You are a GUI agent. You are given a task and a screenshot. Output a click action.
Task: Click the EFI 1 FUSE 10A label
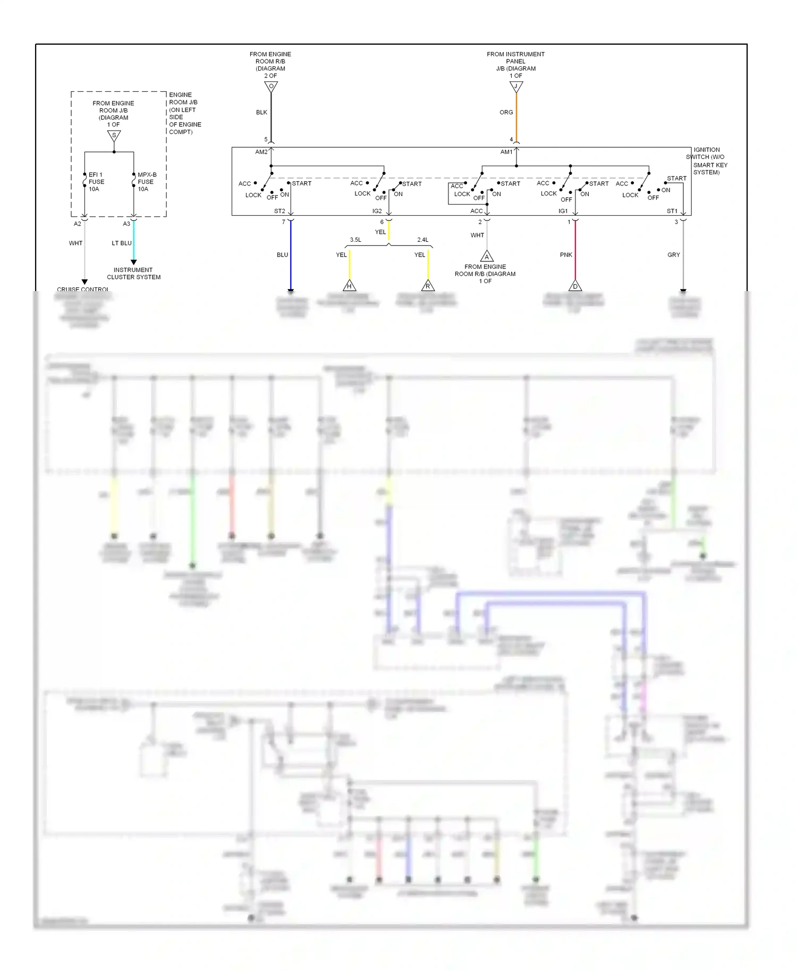click(x=96, y=182)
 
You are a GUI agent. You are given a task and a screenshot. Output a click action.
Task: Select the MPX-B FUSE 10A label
click(x=146, y=182)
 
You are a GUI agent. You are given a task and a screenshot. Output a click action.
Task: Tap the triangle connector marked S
click(x=114, y=136)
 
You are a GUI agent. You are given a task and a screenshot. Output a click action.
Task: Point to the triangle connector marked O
click(x=271, y=87)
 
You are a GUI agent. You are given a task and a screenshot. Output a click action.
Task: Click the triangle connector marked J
click(x=516, y=87)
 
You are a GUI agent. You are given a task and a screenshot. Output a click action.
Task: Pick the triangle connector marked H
click(x=349, y=286)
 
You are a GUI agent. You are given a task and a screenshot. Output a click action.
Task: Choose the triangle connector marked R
click(x=428, y=286)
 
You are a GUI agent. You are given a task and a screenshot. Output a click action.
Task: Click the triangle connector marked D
click(x=575, y=286)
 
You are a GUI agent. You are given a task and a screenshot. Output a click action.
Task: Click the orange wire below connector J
click(x=516, y=117)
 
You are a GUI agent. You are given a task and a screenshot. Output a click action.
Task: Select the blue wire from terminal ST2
click(x=291, y=255)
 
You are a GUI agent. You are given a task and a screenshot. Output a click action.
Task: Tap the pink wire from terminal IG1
click(x=575, y=250)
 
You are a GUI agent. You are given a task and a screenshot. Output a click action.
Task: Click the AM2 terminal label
click(x=261, y=152)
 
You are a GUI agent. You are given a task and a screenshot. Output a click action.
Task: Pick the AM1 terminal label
click(x=506, y=152)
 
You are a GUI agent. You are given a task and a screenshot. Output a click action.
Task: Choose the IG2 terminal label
click(x=377, y=211)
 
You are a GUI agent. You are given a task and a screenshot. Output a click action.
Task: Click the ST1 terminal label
click(x=672, y=211)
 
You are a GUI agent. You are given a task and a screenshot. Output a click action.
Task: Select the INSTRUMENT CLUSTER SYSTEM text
click(x=133, y=274)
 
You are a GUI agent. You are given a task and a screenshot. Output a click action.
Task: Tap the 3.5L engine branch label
click(x=355, y=240)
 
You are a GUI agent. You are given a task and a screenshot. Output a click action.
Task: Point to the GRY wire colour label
click(x=673, y=255)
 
